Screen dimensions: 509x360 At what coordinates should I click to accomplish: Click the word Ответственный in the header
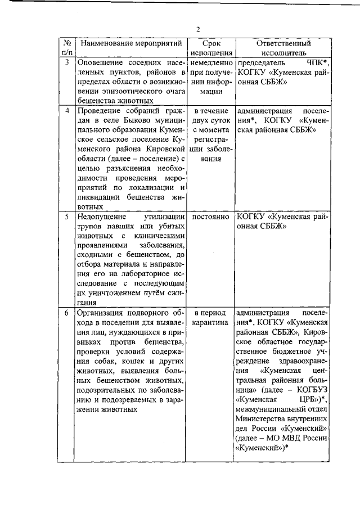283,43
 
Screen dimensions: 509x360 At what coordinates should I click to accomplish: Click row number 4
66,110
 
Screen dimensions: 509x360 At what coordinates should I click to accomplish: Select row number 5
66,216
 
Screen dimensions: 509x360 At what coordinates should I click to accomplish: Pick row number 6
66,313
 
